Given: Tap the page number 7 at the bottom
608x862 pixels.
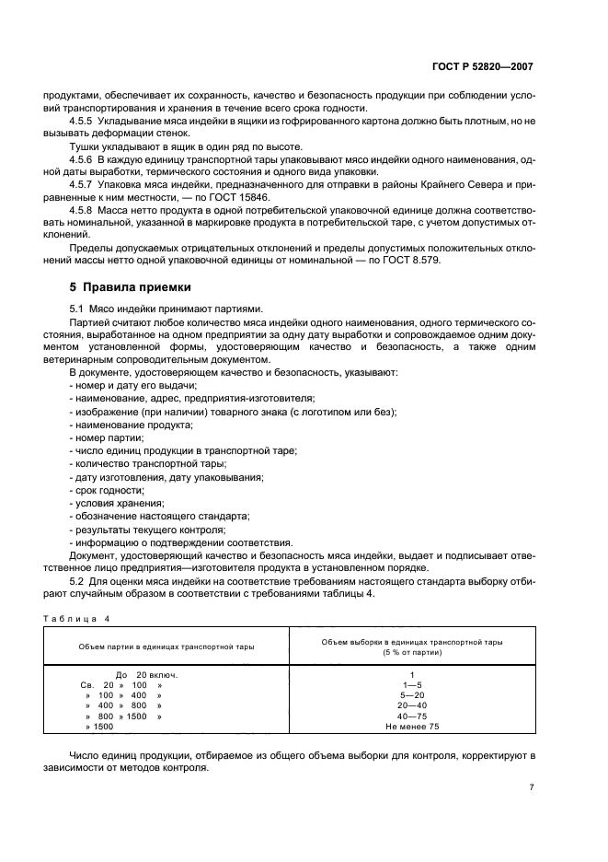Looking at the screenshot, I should coord(532,787).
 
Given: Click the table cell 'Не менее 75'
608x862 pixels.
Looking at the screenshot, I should coord(412,728).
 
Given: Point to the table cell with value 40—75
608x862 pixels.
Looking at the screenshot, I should coord(412,716).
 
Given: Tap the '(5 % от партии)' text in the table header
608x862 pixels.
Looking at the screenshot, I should coord(412,652).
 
